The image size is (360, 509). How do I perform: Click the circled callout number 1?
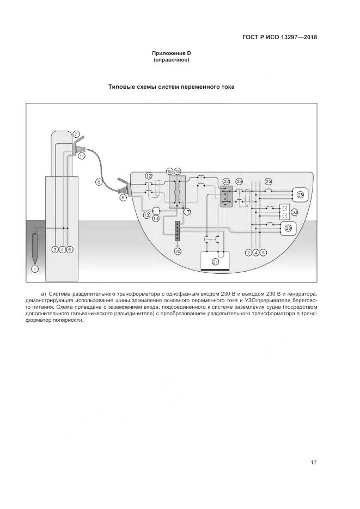35,269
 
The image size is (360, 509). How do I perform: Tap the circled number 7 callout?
76,134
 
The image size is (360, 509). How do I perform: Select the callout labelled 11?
82,156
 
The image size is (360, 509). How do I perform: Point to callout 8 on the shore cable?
99,182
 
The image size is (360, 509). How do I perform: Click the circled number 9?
123,198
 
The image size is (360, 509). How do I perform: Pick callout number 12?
148,175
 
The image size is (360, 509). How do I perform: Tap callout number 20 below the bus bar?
178,251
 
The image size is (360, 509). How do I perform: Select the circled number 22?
226,181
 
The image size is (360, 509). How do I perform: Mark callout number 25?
268,181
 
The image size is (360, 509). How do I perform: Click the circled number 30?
295,212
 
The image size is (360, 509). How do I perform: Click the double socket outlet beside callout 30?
284,212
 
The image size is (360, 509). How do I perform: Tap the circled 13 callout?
147,216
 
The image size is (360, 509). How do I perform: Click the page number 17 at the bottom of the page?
313,463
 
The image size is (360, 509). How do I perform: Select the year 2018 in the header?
308,38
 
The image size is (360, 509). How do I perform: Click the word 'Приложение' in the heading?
168,53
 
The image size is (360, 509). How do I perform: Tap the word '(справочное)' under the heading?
172,60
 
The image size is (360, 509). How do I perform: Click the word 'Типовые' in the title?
122,87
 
